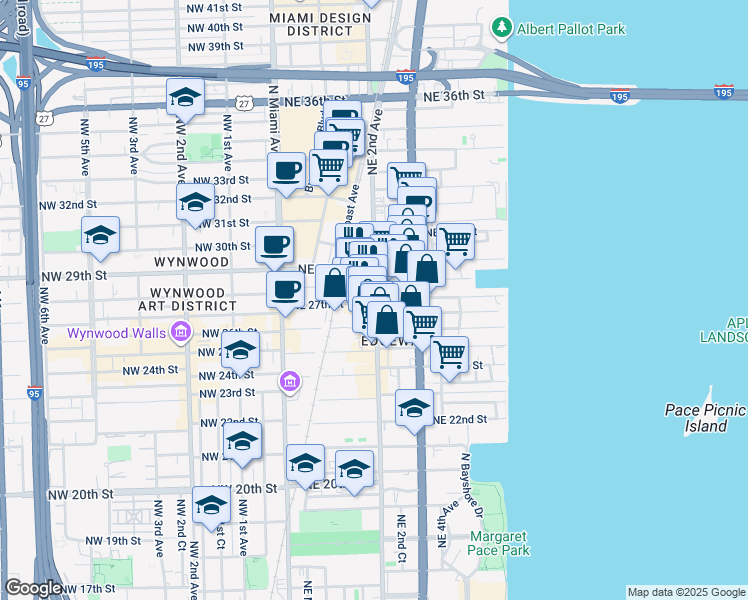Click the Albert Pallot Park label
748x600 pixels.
click(571, 29)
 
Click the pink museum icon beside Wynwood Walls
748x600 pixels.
click(180, 332)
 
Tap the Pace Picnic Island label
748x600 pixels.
click(706, 418)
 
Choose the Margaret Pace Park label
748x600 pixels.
click(498, 543)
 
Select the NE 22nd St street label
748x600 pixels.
click(459, 419)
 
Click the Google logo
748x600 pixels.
click(33, 589)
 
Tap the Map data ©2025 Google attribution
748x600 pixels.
click(686, 592)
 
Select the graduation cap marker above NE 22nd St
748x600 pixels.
click(414, 407)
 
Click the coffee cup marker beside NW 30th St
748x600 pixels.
click(274, 243)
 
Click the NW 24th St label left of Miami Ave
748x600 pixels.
click(150, 370)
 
